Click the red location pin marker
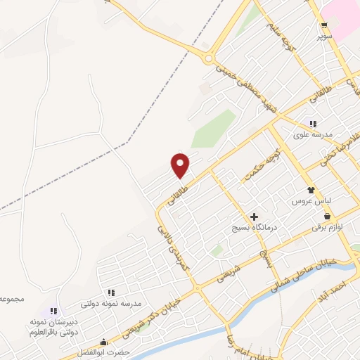(181, 165)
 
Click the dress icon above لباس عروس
(310, 190)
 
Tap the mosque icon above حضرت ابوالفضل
(105, 342)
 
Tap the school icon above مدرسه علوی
(313, 124)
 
